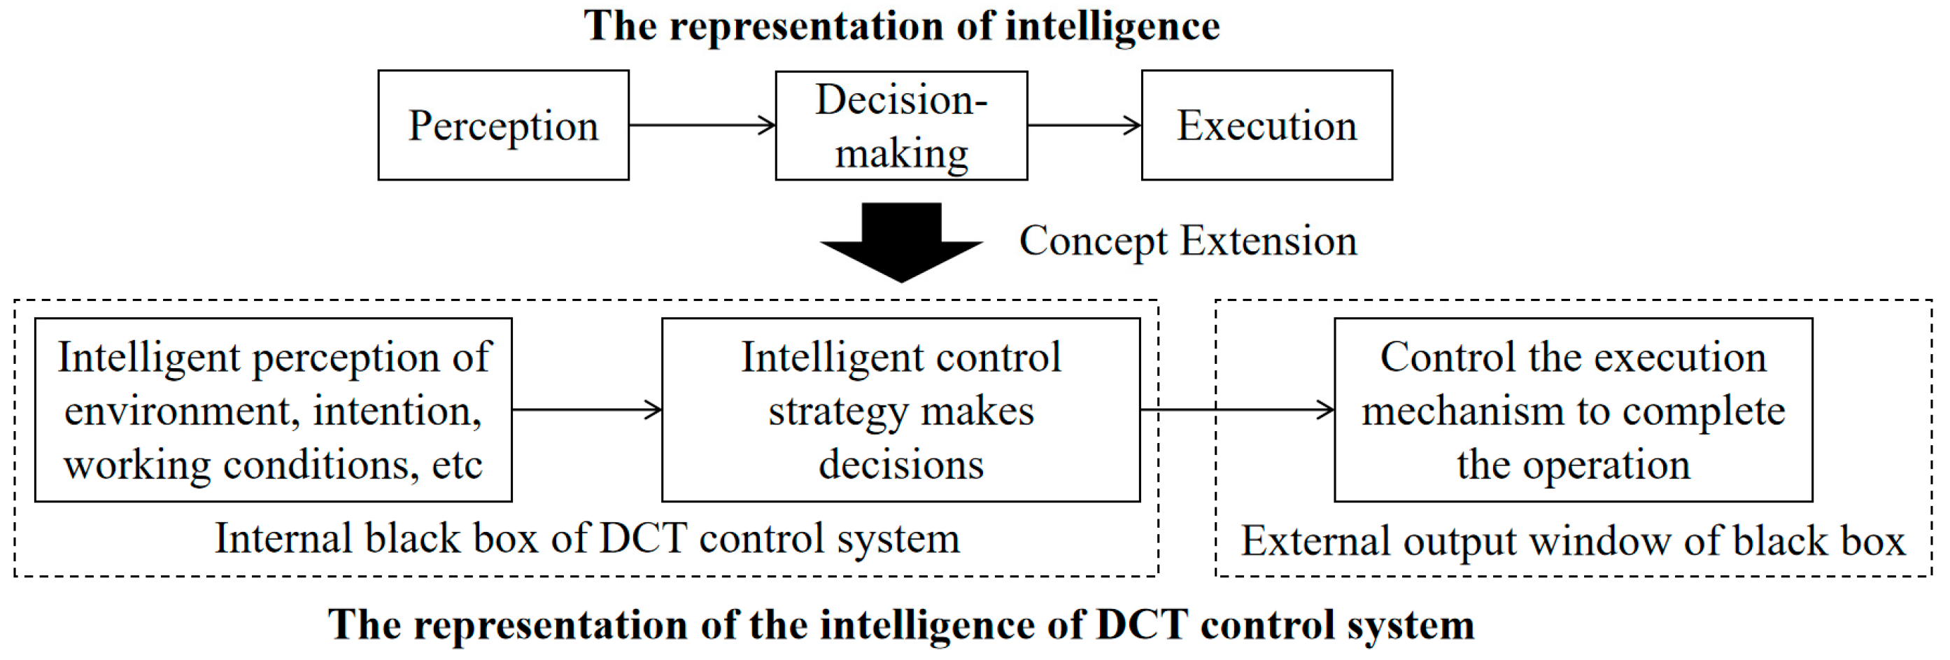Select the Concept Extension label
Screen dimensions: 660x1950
(1188, 241)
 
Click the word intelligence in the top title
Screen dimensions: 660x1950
(1112, 26)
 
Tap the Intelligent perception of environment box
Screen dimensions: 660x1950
(274, 409)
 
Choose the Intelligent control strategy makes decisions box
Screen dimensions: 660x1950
(900, 409)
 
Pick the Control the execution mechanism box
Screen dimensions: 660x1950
(1573, 409)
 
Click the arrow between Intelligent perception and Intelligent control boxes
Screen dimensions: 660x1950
(586, 409)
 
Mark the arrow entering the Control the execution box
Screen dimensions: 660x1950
(1237, 409)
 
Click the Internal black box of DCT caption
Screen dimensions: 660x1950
(586, 539)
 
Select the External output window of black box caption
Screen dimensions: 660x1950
(1573, 541)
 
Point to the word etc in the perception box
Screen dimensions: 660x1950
(457, 464)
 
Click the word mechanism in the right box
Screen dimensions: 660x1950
(1462, 411)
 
